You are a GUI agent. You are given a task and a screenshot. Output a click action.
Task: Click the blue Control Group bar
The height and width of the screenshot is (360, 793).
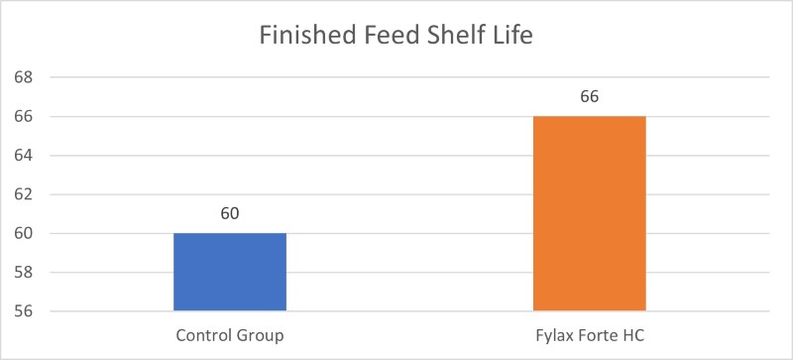[x=230, y=273]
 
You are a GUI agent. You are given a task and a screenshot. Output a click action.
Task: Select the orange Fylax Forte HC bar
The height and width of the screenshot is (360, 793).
[x=590, y=214]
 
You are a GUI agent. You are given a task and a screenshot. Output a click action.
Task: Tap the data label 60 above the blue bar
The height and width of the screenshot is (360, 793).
[x=230, y=213]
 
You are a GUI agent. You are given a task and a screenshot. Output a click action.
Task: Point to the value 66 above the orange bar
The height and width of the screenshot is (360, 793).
[x=590, y=97]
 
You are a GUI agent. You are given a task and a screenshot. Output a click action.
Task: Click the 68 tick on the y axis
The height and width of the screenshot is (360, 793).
[x=22, y=77]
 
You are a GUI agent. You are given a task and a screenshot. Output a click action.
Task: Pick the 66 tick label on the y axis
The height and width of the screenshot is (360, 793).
[x=22, y=116]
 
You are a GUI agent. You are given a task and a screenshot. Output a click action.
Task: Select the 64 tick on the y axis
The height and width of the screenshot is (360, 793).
[x=22, y=156]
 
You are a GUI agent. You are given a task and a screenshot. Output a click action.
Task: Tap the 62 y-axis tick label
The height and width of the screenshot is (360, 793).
[x=22, y=194]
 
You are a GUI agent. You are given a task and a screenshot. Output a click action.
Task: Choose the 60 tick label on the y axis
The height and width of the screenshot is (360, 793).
[x=22, y=234]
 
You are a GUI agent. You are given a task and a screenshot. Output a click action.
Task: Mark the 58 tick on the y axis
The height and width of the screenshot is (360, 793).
[x=22, y=273]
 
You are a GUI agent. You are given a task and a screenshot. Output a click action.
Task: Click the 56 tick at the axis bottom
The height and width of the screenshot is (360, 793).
[x=22, y=311]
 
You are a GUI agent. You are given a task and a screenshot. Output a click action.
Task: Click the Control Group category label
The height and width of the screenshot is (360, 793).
[x=230, y=335]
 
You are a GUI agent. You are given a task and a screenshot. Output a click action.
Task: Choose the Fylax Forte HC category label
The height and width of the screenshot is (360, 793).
[x=590, y=335]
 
